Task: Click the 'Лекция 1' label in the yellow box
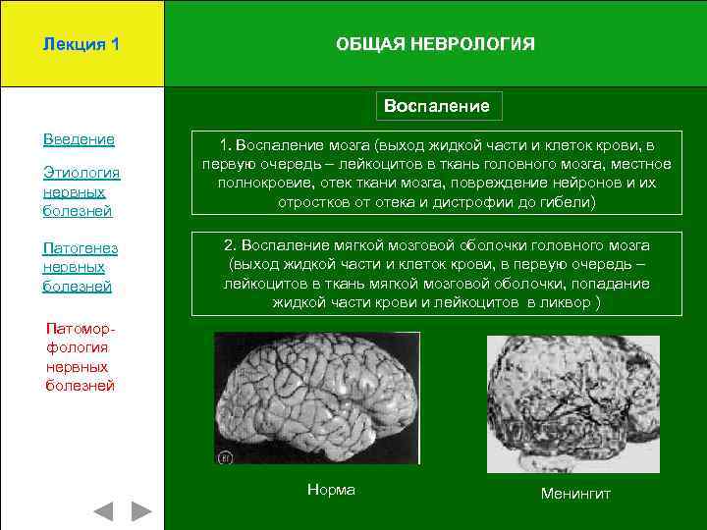click(82, 44)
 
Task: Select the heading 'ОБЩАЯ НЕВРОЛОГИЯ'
click(435, 44)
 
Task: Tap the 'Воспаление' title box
click(438, 105)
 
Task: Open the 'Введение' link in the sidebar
click(79, 139)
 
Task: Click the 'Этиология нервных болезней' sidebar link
click(82, 191)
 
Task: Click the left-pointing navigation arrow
click(104, 511)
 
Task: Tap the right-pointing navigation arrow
click(141, 511)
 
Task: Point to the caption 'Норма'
click(331, 490)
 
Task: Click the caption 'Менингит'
click(575, 493)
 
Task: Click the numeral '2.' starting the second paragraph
click(232, 244)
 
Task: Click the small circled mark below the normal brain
click(225, 456)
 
